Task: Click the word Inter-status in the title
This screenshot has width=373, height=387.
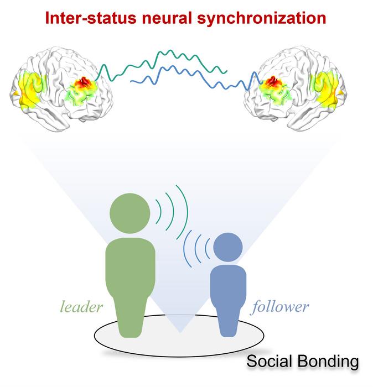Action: [91, 18]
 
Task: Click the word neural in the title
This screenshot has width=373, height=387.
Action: [167, 18]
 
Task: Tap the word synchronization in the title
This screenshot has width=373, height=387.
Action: [262, 19]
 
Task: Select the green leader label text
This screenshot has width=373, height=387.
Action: [81, 307]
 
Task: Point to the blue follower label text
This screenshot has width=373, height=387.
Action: [281, 307]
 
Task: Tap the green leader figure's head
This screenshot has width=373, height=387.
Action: [130, 213]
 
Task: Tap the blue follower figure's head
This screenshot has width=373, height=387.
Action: [228, 247]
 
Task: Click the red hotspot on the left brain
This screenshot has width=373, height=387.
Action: [84, 83]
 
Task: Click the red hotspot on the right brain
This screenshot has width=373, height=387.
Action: [271, 83]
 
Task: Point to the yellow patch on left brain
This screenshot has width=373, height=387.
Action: [30, 90]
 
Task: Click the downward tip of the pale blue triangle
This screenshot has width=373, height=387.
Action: [180, 333]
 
